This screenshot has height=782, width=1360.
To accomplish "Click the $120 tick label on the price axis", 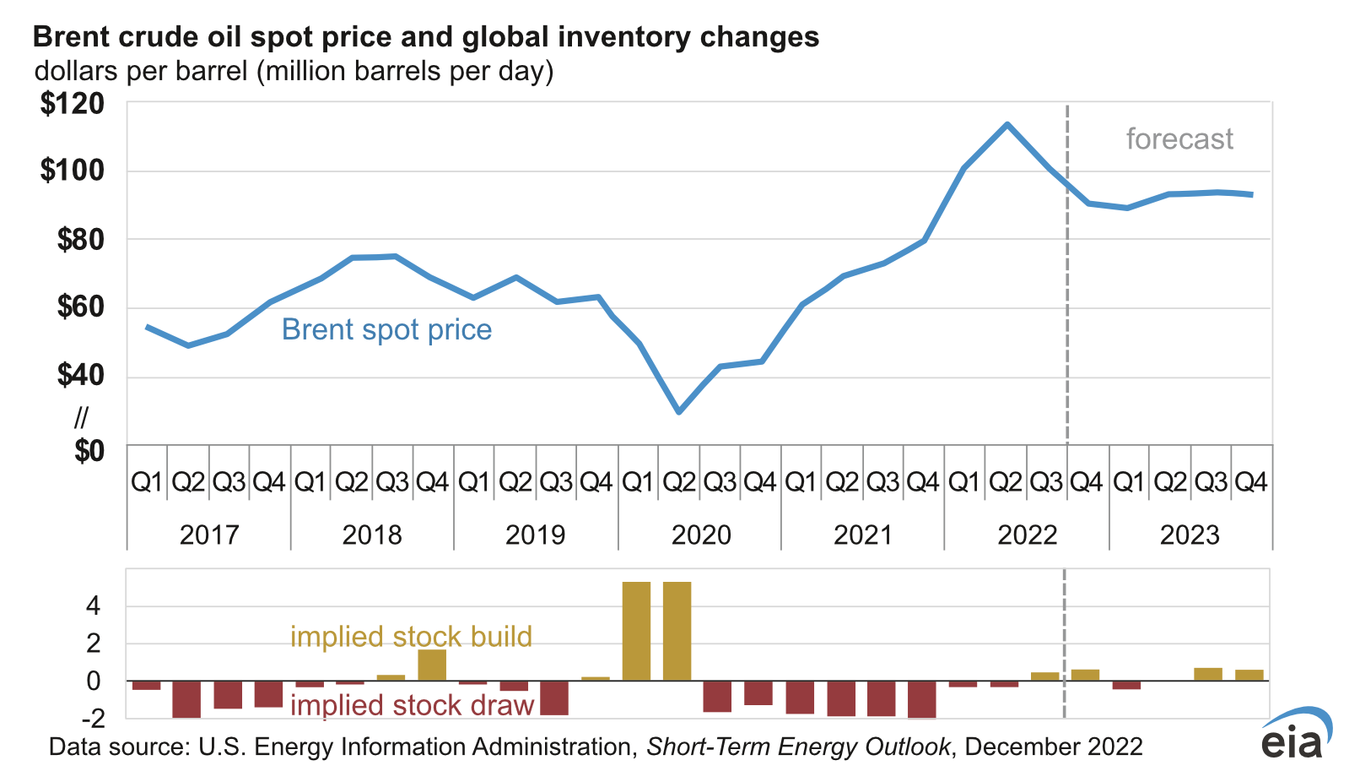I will pos(73,104).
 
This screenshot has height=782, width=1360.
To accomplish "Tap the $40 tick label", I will pos(80,375).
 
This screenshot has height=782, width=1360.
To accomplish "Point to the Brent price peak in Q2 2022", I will pos(1007,125).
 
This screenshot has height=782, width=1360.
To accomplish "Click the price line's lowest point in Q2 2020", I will pos(679,411).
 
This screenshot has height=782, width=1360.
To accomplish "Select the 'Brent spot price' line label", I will pos(386,329).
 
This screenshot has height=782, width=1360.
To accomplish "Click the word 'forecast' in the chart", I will pos(1179,138).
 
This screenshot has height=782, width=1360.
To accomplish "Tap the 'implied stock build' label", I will pos(411,636).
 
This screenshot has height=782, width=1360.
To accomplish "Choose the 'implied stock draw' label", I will pos(412,705).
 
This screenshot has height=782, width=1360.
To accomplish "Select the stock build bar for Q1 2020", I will pos(637,631).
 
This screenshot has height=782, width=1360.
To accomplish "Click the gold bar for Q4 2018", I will pos(432,665).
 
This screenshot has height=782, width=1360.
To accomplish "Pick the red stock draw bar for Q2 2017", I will pos(186,699).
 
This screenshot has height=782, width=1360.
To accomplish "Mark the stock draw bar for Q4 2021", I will pos(922,699).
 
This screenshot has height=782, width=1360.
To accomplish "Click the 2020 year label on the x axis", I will pos(700,535).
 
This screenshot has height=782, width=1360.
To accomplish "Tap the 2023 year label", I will pos(1190,535).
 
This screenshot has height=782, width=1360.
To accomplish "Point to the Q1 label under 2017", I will pos(147,482).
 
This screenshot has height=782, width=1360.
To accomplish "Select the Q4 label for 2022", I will pos(1087,482).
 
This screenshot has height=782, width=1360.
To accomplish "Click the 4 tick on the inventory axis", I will pos(93,606).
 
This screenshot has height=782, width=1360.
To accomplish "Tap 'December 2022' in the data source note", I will pos(1054,747).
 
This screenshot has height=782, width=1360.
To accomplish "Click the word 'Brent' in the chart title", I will pos(72,37).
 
